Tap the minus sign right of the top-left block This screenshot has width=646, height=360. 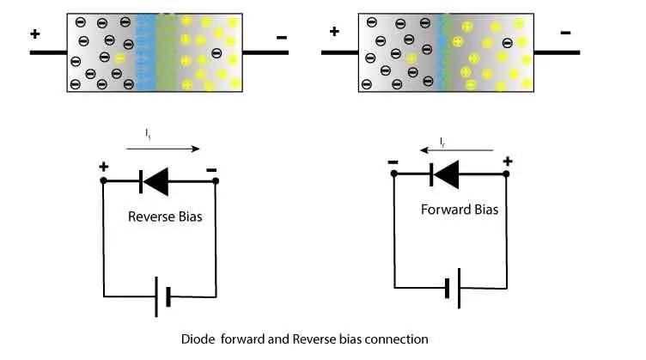point(282,37)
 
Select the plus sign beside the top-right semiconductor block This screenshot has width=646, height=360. point(334,32)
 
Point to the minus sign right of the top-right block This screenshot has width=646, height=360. point(565,33)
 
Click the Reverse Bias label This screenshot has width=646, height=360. point(165,217)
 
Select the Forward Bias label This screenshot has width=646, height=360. point(460,209)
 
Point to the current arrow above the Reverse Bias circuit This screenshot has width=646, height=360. point(162,149)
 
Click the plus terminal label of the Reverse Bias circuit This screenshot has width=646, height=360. point(103,167)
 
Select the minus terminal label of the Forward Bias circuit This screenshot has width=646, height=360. point(392,161)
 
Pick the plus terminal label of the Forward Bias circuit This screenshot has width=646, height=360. point(507,161)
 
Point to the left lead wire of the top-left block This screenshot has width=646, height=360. point(48,53)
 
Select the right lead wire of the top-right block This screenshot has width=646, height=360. point(558,52)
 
